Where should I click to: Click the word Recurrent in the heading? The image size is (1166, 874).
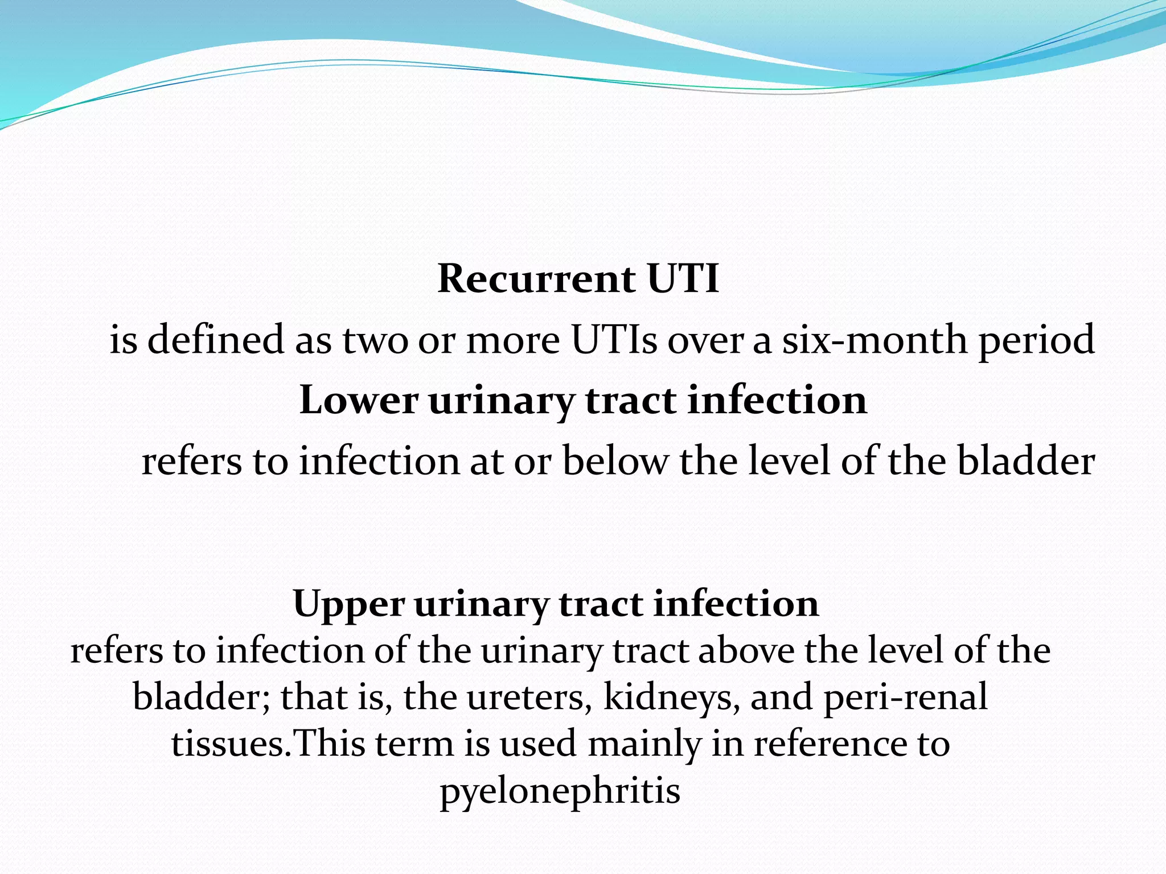(x=536, y=279)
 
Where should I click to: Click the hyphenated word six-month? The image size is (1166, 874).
(x=874, y=340)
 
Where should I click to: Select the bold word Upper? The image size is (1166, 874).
(x=348, y=603)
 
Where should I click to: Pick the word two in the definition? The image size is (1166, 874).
(x=375, y=340)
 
